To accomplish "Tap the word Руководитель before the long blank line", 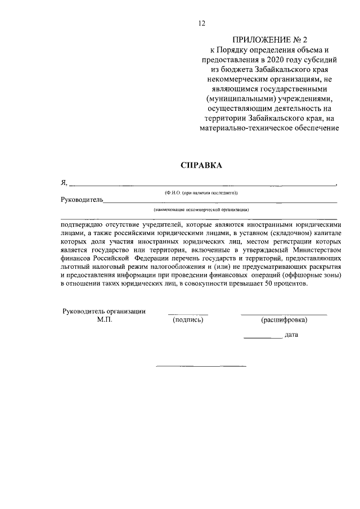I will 81,199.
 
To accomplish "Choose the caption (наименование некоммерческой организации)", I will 201,209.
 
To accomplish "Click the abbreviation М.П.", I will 105,320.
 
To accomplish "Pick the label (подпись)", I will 188,320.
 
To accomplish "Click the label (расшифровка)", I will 284,320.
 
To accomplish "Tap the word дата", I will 291,335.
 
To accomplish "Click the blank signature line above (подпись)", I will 188,314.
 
